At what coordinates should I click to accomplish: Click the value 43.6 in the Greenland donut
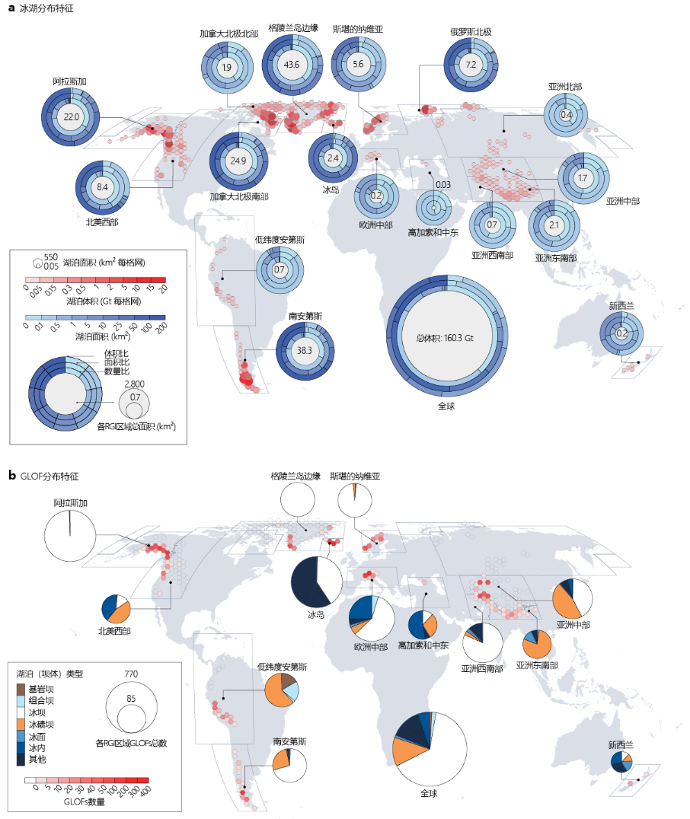[291, 65]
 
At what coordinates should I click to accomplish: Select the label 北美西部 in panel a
[107, 223]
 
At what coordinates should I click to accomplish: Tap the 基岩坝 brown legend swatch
[22, 689]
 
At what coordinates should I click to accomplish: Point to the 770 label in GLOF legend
[131, 674]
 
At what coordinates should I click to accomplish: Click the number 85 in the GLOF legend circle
[131, 698]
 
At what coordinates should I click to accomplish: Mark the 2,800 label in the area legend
[134, 384]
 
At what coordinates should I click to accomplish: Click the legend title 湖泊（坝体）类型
[50, 673]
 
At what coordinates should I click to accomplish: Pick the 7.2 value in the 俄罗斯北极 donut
[471, 65]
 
